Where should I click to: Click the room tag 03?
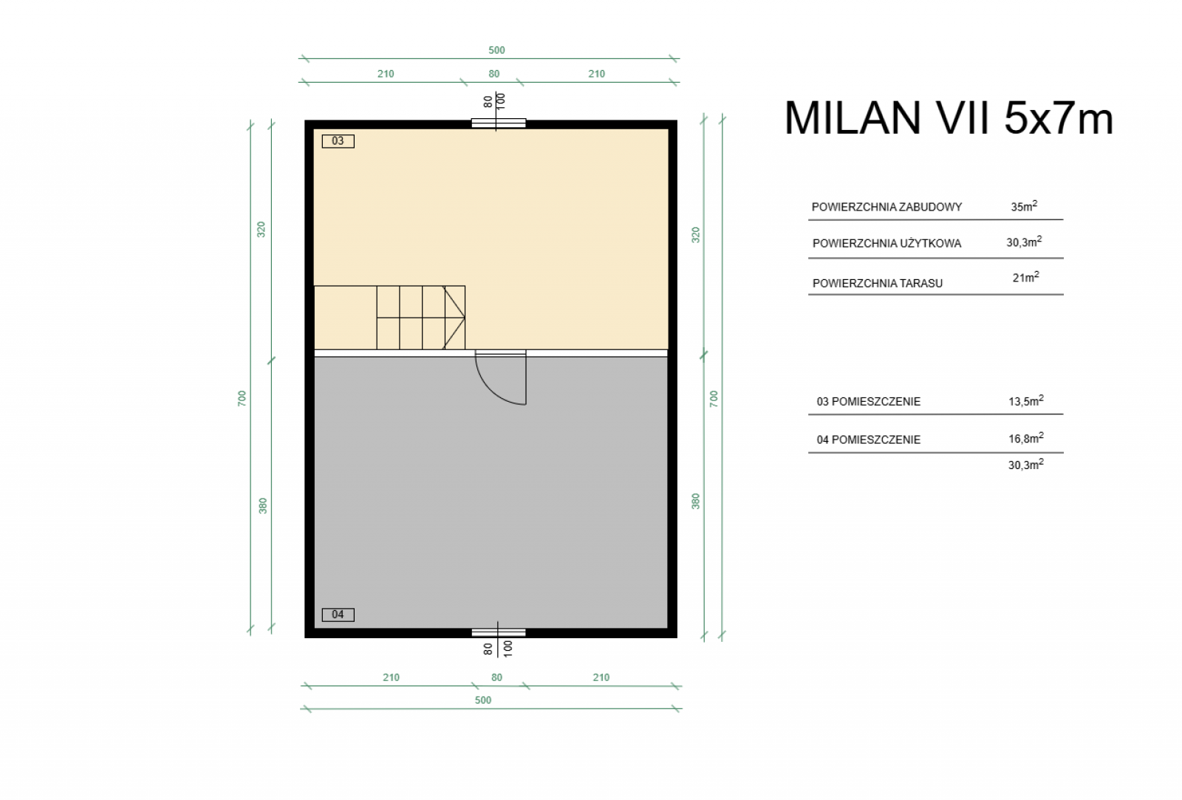pos(338,141)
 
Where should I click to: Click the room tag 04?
pos(338,615)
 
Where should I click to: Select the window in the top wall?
pos(499,123)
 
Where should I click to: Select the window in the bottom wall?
pos(499,633)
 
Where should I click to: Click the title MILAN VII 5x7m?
pos(949,118)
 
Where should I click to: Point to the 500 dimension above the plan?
pos(496,50)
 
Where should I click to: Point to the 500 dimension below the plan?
pos(483,700)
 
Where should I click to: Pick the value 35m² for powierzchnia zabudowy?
pos(1024,206)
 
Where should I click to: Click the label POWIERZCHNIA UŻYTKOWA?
pos(887,243)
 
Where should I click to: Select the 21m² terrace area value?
pos(1026,277)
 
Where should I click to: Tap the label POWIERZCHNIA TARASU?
pos(878,284)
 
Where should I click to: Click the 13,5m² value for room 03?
pos(1026,401)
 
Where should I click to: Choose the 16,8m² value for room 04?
pos(1026,439)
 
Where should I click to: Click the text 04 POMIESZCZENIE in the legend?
pos(869,440)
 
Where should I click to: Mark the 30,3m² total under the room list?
pos(1026,465)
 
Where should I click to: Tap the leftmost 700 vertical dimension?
pos(242,398)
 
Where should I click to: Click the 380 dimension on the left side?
pos(263,505)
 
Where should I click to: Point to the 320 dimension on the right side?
pos(695,235)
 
